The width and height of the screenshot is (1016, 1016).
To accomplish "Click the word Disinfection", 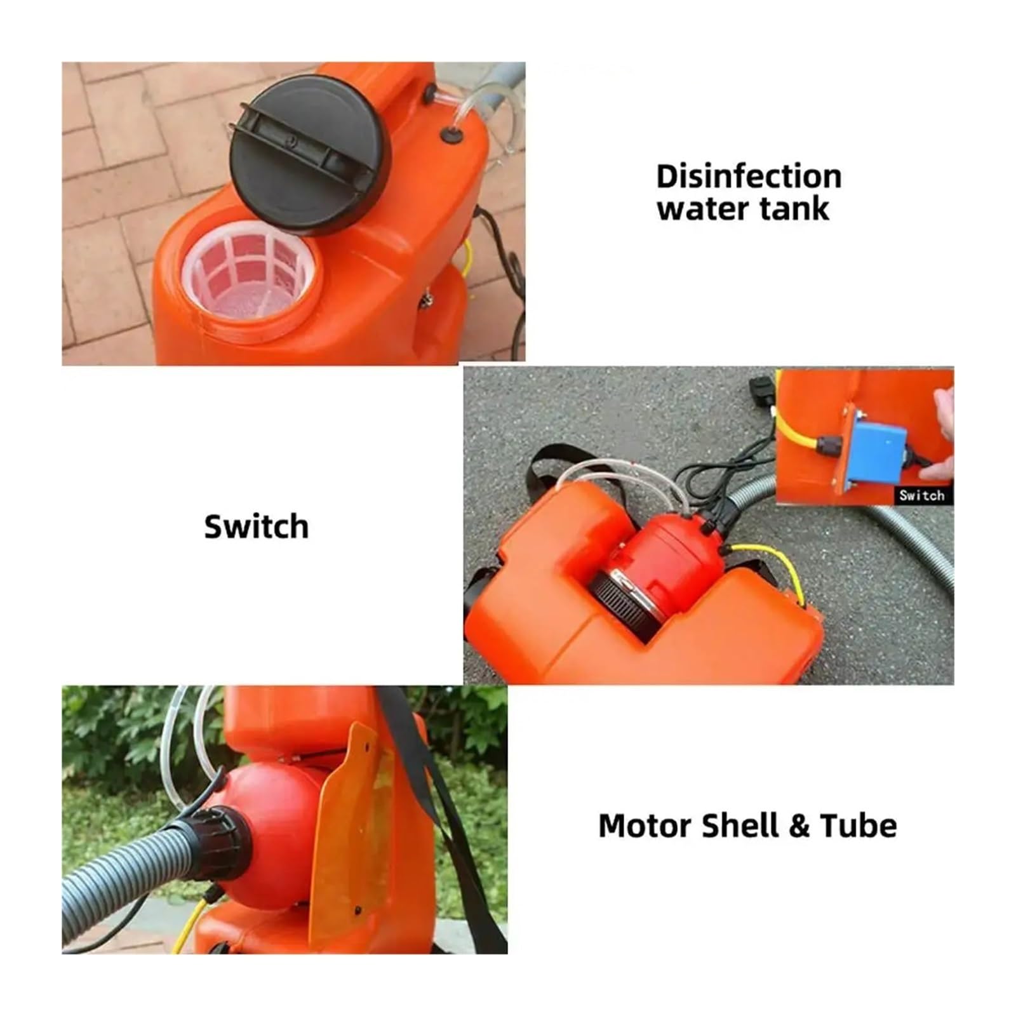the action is (749, 177).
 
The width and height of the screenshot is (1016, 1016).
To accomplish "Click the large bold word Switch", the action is (257, 526).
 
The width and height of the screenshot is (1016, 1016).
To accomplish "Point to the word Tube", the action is (859, 825).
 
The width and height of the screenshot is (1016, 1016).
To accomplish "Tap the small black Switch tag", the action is (921, 495).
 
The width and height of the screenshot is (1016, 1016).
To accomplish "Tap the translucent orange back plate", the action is (352, 832).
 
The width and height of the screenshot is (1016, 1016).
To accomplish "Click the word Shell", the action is (741, 825).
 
